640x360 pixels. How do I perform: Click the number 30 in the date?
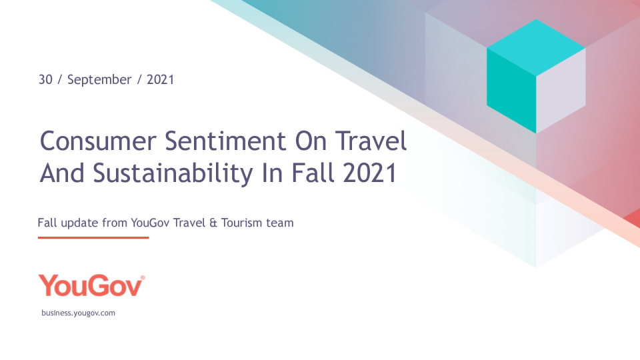[45, 79]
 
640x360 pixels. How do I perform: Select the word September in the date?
[99, 80]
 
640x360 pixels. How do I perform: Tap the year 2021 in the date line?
[160, 79]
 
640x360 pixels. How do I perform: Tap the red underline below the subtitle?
[93, 237]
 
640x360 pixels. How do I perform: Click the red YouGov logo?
[90, 285]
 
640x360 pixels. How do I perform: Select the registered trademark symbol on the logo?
[143, 277]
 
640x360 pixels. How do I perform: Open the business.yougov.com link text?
[78, 313]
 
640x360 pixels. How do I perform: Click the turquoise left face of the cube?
[511, 90]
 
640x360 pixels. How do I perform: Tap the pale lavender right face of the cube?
[561, 90]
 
